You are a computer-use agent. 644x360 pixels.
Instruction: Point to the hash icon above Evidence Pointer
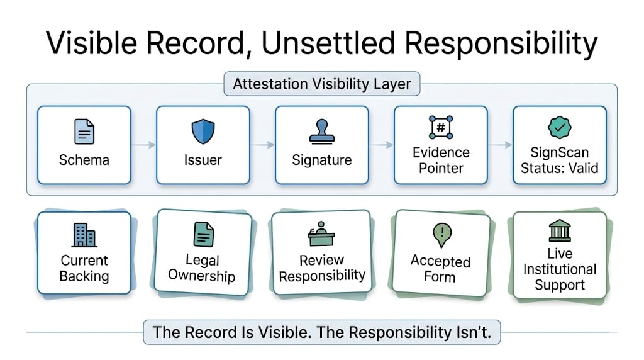coord(440,128)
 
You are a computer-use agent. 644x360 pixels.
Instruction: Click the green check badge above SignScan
coord(559,128)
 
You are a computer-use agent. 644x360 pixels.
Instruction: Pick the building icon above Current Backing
coord(84,235)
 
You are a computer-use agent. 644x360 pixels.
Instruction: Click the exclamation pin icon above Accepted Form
coord(440,236)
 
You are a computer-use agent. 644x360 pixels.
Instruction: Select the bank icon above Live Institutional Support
coord(559,231)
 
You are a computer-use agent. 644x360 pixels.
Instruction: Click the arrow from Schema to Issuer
coord(143,145)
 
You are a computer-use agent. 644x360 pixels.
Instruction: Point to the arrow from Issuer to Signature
coord(262,145)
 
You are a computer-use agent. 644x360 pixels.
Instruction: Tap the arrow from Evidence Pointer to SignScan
coord(500,145)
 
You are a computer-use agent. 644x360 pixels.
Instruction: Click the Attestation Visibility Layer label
coord(322,84)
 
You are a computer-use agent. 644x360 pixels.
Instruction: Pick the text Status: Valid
coord(559,168)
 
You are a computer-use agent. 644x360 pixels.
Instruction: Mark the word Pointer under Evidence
coord(441,168)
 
